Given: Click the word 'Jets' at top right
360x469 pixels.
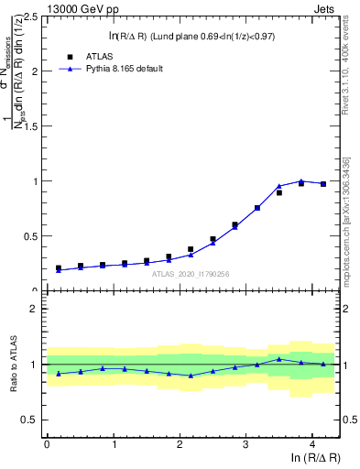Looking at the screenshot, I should pos(326,8).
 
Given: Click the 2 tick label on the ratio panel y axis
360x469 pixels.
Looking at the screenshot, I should pos(36,310).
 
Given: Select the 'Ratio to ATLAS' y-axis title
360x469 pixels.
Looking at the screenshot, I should pos(12,365).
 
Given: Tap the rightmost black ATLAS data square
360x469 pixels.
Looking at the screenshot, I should pos(323,184).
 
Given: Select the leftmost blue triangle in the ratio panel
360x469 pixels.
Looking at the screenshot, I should pos(59,374).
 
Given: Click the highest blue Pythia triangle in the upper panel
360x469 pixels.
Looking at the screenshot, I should pos(301,181).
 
